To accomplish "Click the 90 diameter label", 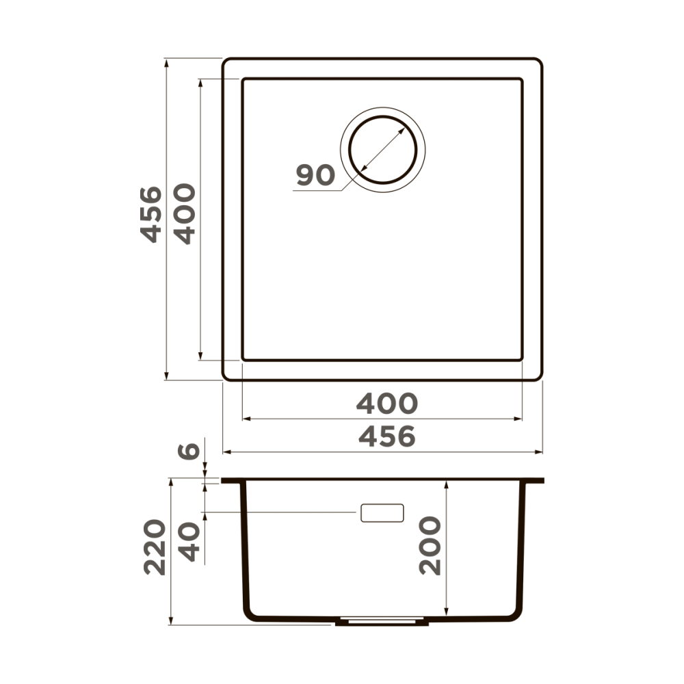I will click(315, 176).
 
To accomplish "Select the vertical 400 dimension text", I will click(184, 213).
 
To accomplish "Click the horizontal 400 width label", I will click(386, 404).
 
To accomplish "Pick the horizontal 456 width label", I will click(386, 436).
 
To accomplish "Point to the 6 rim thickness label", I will click(189, 451).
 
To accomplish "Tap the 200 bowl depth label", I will click(430, 546).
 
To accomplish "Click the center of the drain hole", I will click(382, 149).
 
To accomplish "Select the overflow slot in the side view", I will click(382, 513).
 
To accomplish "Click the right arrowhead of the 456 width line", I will click(539, 452).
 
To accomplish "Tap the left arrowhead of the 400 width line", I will click(246, 418).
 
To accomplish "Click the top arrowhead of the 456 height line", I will click(166, 63).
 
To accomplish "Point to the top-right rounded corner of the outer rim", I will click(538, 63).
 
